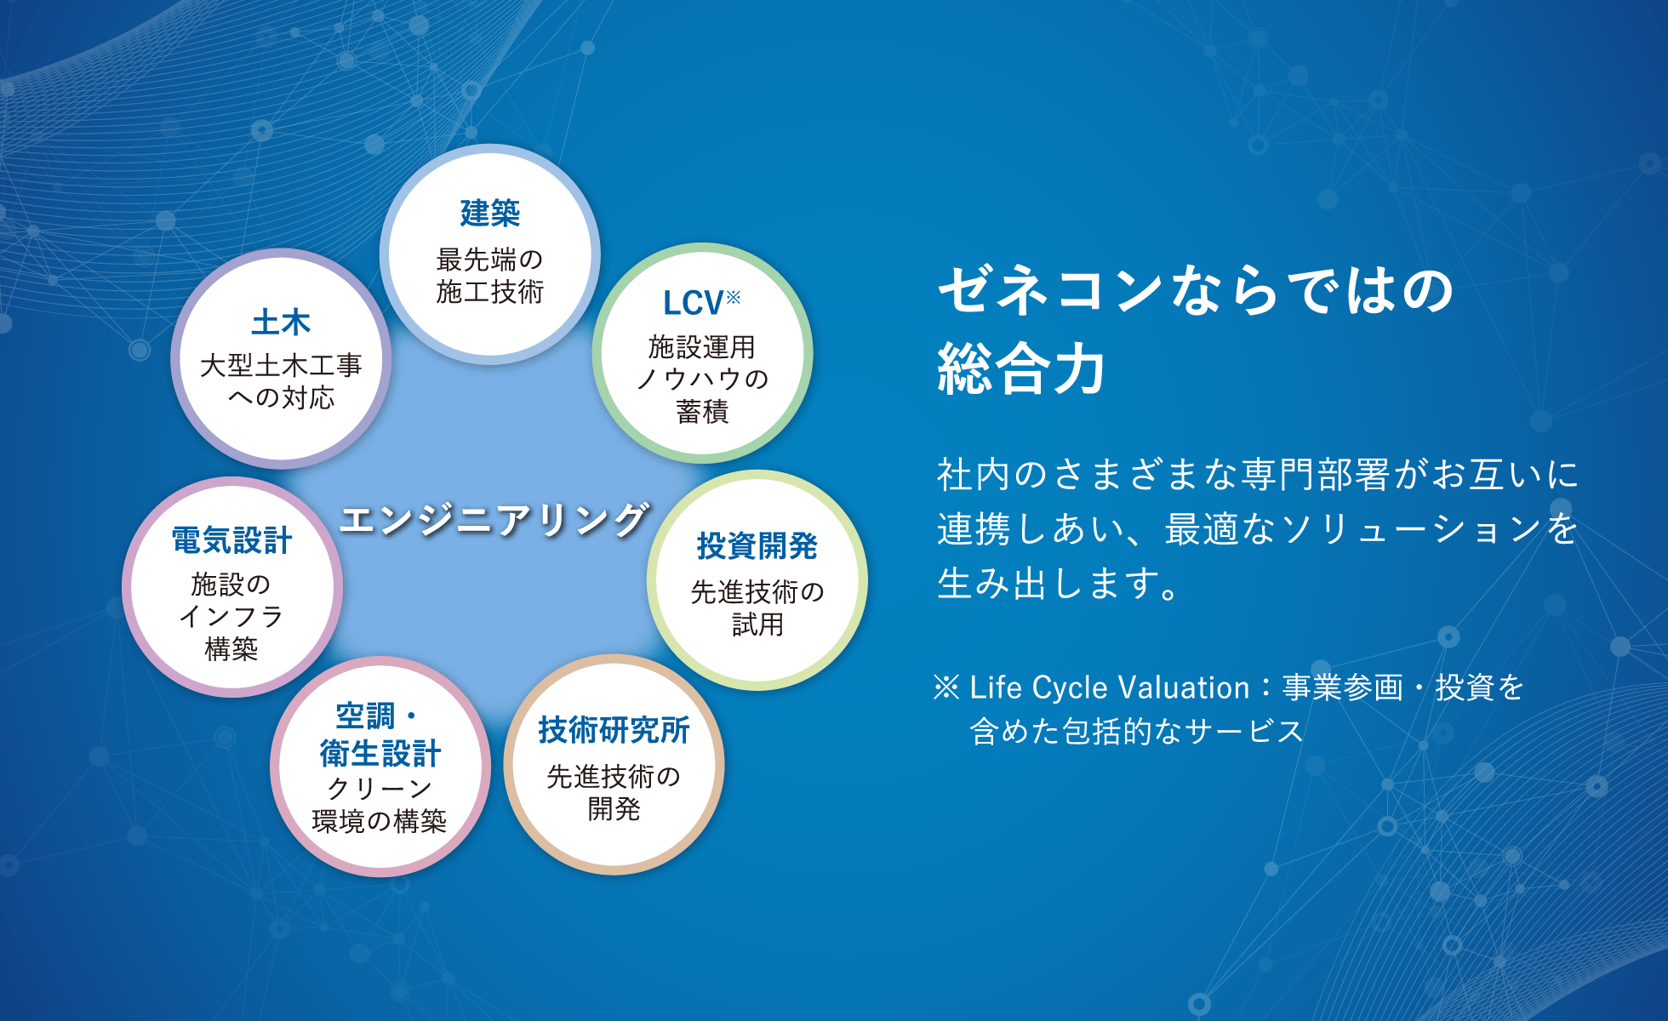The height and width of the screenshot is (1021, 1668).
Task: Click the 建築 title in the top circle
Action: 489,213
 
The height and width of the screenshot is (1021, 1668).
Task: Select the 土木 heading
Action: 281,322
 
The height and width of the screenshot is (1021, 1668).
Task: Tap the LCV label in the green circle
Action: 693,303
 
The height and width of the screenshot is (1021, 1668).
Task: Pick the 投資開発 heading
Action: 757,546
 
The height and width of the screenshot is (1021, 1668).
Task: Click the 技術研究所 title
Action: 614,730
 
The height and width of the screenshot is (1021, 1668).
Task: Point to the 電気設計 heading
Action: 231,540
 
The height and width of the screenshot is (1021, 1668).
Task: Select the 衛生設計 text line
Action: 380,754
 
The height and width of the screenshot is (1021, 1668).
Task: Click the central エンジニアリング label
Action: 494,519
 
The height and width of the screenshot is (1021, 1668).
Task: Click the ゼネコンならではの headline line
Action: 1195,289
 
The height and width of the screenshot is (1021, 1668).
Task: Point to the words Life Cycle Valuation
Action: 1109,687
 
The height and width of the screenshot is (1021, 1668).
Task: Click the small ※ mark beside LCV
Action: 733,296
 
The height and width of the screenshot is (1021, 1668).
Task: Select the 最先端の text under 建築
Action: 489,259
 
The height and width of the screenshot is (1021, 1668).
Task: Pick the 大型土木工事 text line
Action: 281,366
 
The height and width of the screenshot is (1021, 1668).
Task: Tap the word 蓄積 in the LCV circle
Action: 702,412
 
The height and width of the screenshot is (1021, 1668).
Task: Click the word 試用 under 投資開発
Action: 757,625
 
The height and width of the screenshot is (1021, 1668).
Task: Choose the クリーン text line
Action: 380,789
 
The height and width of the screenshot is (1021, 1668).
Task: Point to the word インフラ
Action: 231,617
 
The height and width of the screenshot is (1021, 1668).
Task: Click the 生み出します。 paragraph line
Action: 1058,584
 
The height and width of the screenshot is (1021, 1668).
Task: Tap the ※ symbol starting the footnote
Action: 946,687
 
